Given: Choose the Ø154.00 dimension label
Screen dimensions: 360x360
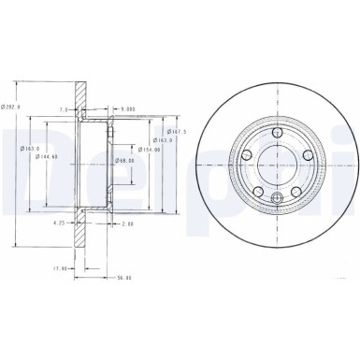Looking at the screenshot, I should tap(149, 149).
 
